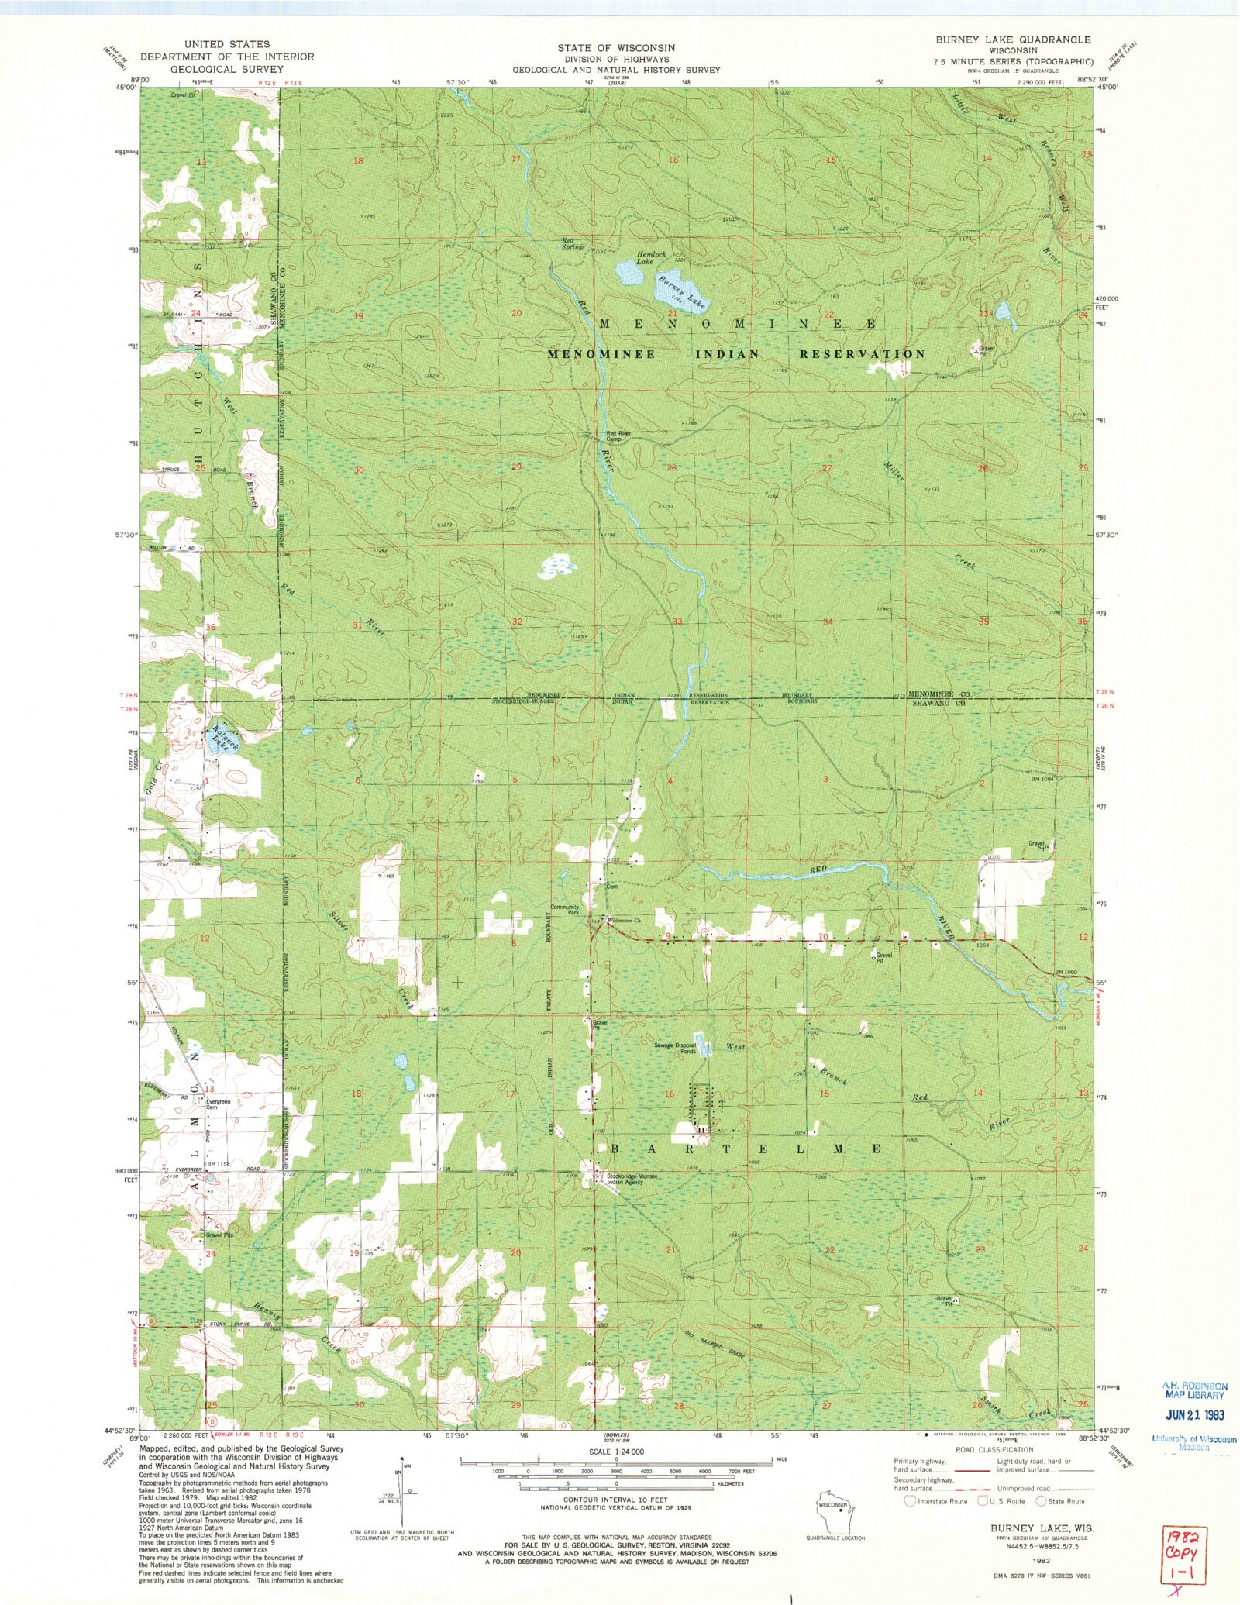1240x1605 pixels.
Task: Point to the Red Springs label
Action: click(x=573, y=244)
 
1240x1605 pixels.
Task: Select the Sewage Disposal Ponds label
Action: click(x=675, y=1048)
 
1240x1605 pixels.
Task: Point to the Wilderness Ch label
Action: click(x=624, y=920)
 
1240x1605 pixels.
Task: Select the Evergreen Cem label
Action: click(x=218, y=1104)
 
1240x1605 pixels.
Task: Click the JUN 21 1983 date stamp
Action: click(x=1194, y=1414)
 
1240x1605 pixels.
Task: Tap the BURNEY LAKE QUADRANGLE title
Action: click(x=1013, y=40)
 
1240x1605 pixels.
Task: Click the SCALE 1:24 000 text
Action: click(x=616, y=1452)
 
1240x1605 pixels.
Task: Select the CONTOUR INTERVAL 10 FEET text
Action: click(x=616, y=1500)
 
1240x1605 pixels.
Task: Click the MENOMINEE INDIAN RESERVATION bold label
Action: click(x=735, y=354)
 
